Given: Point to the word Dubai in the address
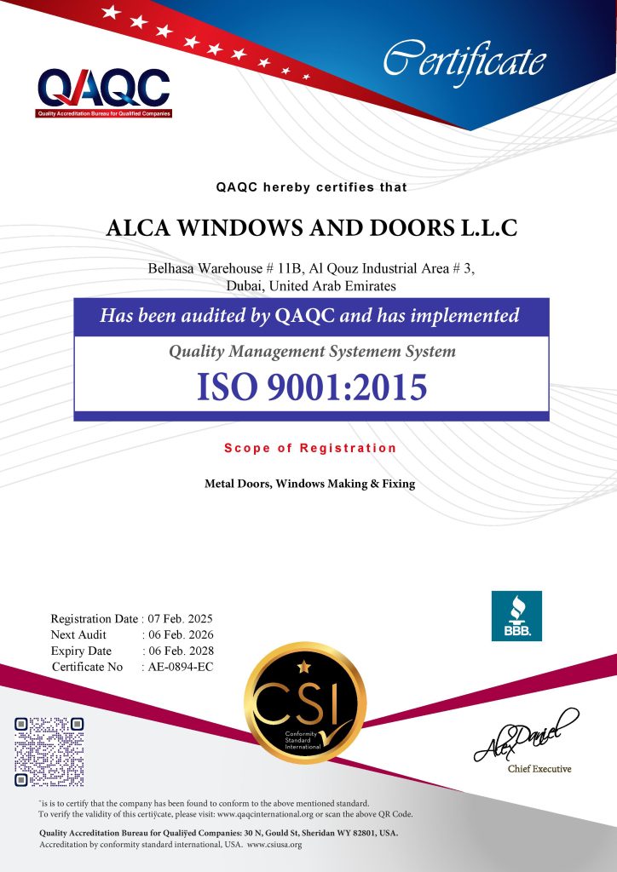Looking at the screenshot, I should click(246, 286).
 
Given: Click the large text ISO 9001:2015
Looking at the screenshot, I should click(311, 387).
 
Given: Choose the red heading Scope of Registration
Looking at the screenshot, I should click(310, 448).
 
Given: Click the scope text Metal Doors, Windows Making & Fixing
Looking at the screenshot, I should click(309, 484).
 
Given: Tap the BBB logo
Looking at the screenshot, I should click(516, 616).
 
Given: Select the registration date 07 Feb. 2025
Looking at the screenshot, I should click(181, 619).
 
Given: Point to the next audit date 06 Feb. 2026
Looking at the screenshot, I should click(181, 635).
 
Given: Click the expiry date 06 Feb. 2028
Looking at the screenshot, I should click(181, 651).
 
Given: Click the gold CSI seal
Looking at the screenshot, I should click(305, 702).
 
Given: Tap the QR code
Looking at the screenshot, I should click(49, 751).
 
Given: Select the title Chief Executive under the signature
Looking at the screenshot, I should click(539, 769).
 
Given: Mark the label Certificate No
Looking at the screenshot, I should click(88, 667).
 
